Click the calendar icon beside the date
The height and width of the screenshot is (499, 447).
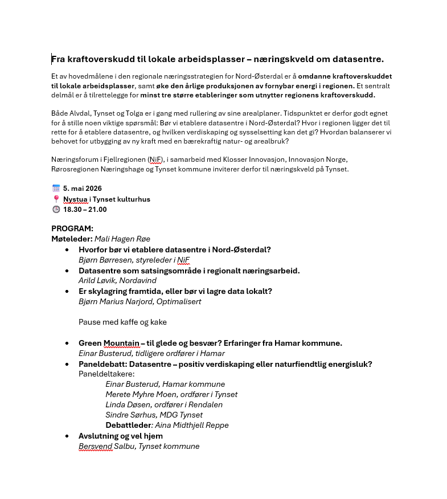56,188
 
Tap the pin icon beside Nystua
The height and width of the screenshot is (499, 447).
56,199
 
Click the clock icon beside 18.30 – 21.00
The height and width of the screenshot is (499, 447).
56,209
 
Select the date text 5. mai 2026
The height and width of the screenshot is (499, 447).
83,188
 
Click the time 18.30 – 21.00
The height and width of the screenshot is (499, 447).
85,209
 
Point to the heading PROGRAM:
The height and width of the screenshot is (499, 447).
72,228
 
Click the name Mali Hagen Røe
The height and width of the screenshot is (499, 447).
122,239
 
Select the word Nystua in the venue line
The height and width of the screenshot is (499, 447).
75,199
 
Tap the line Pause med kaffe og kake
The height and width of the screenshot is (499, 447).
122,322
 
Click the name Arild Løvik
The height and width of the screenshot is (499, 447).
98,280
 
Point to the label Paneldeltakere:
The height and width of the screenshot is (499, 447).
106,374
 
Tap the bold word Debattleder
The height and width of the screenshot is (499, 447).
128,425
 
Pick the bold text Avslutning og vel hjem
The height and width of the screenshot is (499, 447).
121,436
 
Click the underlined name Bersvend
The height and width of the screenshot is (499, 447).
96,446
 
